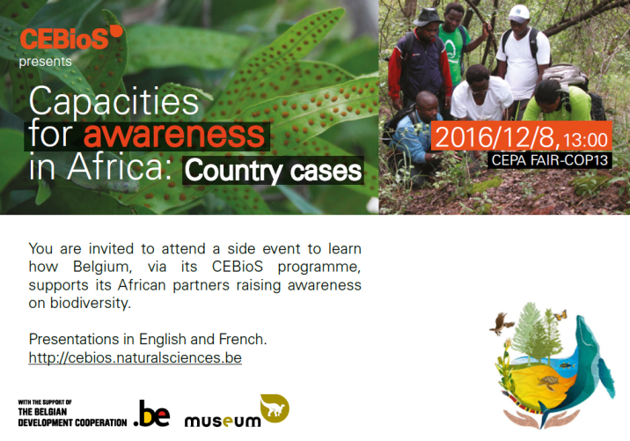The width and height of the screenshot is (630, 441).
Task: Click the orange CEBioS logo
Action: point(71,37)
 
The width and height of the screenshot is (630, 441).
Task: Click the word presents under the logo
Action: point(45,62)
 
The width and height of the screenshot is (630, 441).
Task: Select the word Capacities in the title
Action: point(114,101)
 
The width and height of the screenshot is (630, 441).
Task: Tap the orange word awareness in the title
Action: point(174,135)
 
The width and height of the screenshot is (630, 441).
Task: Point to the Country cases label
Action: point(274,171)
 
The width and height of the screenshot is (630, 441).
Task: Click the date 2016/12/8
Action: point(495,137)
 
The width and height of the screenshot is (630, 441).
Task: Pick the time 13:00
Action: point(585,140)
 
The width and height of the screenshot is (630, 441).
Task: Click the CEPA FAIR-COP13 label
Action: point(549,160)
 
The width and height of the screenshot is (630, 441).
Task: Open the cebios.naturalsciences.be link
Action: point(135,357)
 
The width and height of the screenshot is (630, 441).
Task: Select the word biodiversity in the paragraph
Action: point(91,303)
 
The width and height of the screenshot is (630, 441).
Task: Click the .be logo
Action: point(151,413)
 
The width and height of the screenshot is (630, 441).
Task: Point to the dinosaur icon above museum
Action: point(275,408)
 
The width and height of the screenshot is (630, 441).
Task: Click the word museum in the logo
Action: point(223,421)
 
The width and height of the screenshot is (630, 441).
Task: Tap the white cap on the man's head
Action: point(518,13)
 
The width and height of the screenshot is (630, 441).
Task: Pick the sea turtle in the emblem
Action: point(548,382)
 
